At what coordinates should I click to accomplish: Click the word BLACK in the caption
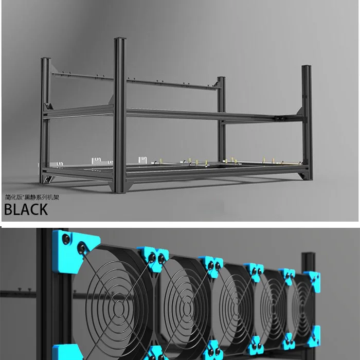point(26,209)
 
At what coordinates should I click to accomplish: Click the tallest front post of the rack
point(120,113)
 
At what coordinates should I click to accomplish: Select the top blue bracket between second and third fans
point(211,264)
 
